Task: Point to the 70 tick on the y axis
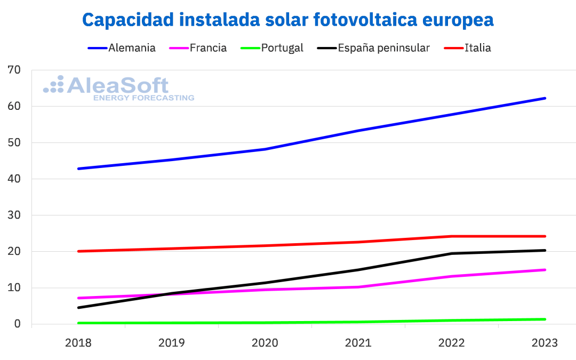pos(14,70)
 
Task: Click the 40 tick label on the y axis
pos(14,179)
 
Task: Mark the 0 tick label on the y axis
pos(18,324)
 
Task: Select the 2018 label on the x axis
pos(78,343)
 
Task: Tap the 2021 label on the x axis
pos(358,343)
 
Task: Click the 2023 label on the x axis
pos(545,343)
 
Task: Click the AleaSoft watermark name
pos(117,86)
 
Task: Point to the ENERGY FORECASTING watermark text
pos(143,98)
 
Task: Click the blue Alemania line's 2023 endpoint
pos(545,98)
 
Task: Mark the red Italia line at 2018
pos(78,251)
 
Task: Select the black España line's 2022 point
pos(451,253)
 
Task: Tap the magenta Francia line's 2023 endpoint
pos(545,270)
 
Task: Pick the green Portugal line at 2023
pos(545,319)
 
